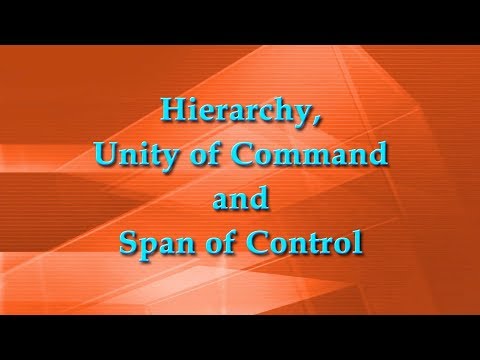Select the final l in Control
pyautogui.click(x=354, y=243)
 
